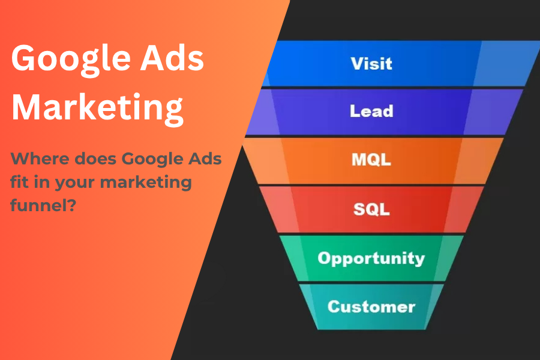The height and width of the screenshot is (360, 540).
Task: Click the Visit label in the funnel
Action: (372, 64)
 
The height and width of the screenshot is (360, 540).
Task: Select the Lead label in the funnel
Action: (372, 111)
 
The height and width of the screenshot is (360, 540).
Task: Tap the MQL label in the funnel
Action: (371, 160)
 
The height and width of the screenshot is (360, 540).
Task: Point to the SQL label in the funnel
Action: (371, 209)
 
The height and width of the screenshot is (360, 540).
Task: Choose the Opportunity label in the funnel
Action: (371, 258)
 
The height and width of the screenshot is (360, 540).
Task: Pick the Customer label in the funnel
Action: (371, 307)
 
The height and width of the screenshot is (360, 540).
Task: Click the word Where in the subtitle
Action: (38, 160)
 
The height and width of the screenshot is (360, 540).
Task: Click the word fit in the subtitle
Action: (20, 182)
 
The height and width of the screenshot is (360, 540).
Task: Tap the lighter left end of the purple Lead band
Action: (262, 112)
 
